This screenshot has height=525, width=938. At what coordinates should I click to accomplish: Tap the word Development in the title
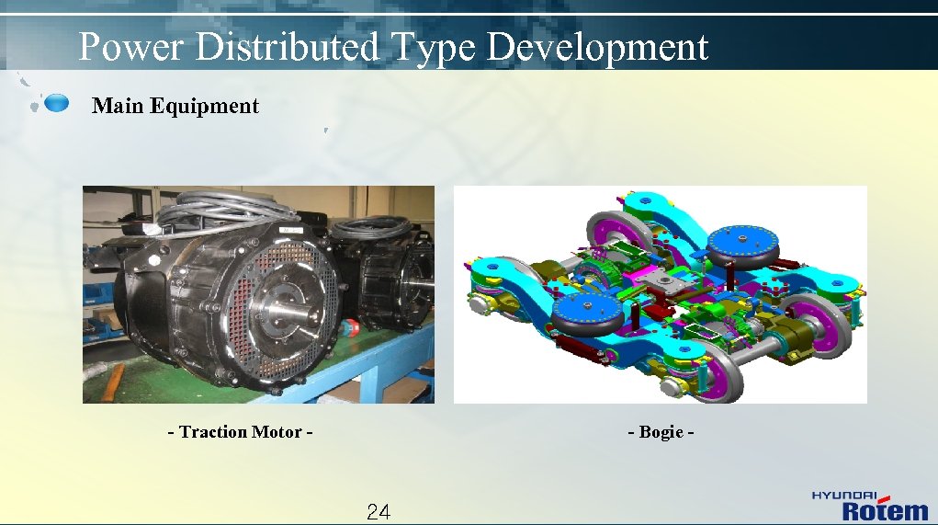tap(596, 46)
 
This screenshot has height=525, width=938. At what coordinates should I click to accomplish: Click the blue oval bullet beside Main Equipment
tap(57, 102)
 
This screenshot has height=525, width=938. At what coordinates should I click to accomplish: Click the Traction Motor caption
tap(241, 431)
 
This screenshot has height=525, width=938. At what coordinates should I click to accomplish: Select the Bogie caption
tap(661, 431)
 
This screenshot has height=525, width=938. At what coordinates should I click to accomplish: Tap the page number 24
tap(379, 512)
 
